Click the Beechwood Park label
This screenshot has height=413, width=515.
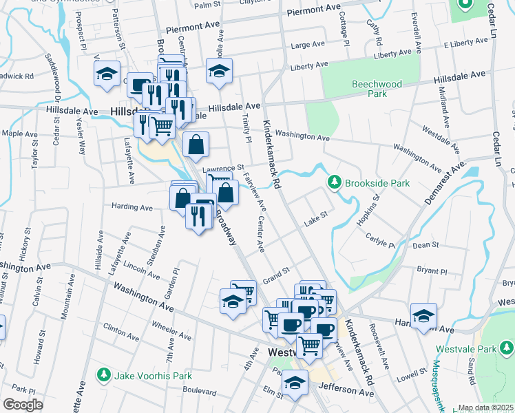click(376, 89)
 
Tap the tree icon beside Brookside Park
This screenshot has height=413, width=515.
click(335, 182)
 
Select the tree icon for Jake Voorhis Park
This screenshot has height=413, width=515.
click(103, 376)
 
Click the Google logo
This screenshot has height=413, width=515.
click(23, 404)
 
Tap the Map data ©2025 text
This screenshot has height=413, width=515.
click(485, 407)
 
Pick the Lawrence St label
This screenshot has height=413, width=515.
click(223, 168)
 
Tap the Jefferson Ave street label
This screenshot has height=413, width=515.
click(347, 391)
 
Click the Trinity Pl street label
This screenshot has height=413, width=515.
click(246, 128)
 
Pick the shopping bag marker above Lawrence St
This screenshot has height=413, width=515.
click(196, 145)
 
